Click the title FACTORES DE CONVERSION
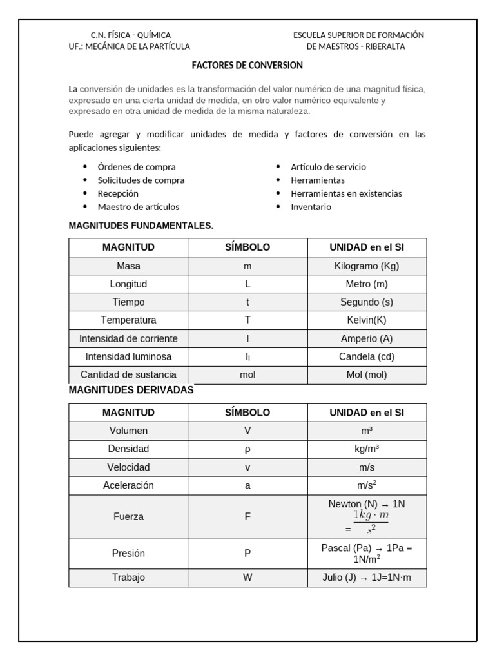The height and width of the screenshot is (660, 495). click(247, 66)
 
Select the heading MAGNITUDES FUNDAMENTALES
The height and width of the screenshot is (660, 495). click(141, 226)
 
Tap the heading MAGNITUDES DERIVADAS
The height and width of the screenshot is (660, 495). click(131, 390)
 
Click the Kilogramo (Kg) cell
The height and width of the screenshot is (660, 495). click(367, 266)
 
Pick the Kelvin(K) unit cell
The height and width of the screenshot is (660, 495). click(367, 320)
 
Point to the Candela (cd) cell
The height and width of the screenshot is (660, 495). click(367, 356)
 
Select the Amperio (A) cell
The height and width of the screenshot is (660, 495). click(367, 338)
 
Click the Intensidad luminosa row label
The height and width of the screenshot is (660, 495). click(128, 356)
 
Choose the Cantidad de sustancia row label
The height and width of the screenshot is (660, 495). click(128, 374)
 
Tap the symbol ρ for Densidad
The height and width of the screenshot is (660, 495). click(247, 449)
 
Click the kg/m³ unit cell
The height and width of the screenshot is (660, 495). click(367, 449)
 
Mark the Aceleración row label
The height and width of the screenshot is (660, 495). click(128, 485)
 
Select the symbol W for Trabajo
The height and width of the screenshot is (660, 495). click(247, 577)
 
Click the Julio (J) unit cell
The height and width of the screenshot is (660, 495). click(367, 577)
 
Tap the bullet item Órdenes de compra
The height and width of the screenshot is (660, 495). click(137, 167)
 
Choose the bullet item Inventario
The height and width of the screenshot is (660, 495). click(311, 207)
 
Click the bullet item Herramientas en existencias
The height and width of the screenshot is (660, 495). click(346, 193)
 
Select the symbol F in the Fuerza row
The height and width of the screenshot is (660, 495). click(247, 517)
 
